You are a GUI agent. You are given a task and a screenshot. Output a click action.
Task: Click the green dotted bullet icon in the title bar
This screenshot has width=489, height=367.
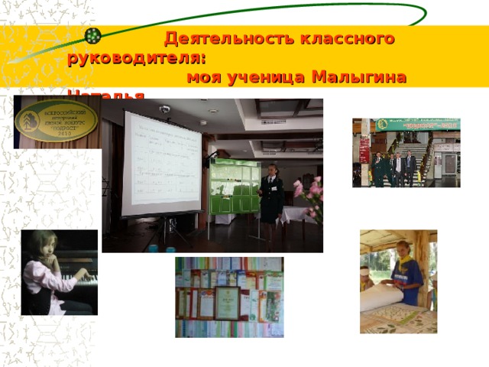click(x=93, y=36)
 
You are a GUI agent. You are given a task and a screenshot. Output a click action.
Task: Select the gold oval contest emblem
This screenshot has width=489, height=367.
click(x=56, y=122)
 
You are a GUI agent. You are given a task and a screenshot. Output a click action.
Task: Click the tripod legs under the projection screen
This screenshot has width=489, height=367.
click(x=172, y=229)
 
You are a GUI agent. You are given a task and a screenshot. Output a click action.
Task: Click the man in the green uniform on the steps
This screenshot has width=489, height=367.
click(x=378, y=168)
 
